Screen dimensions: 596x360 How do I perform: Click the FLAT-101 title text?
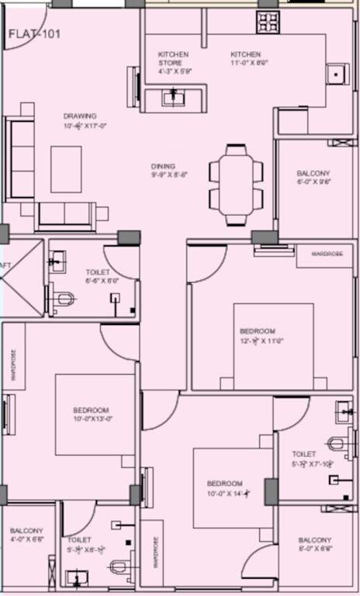coord(34,35)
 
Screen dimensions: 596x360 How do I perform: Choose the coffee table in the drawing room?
coord(66,164)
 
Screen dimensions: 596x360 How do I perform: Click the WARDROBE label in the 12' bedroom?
coord(324,254)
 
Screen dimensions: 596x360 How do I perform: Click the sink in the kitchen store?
coord(172,98)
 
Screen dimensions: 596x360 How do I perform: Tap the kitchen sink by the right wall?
coord(336,74)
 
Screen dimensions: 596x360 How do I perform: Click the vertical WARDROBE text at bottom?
coord(156,553)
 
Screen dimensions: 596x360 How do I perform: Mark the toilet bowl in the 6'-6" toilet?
coord(64,299)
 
